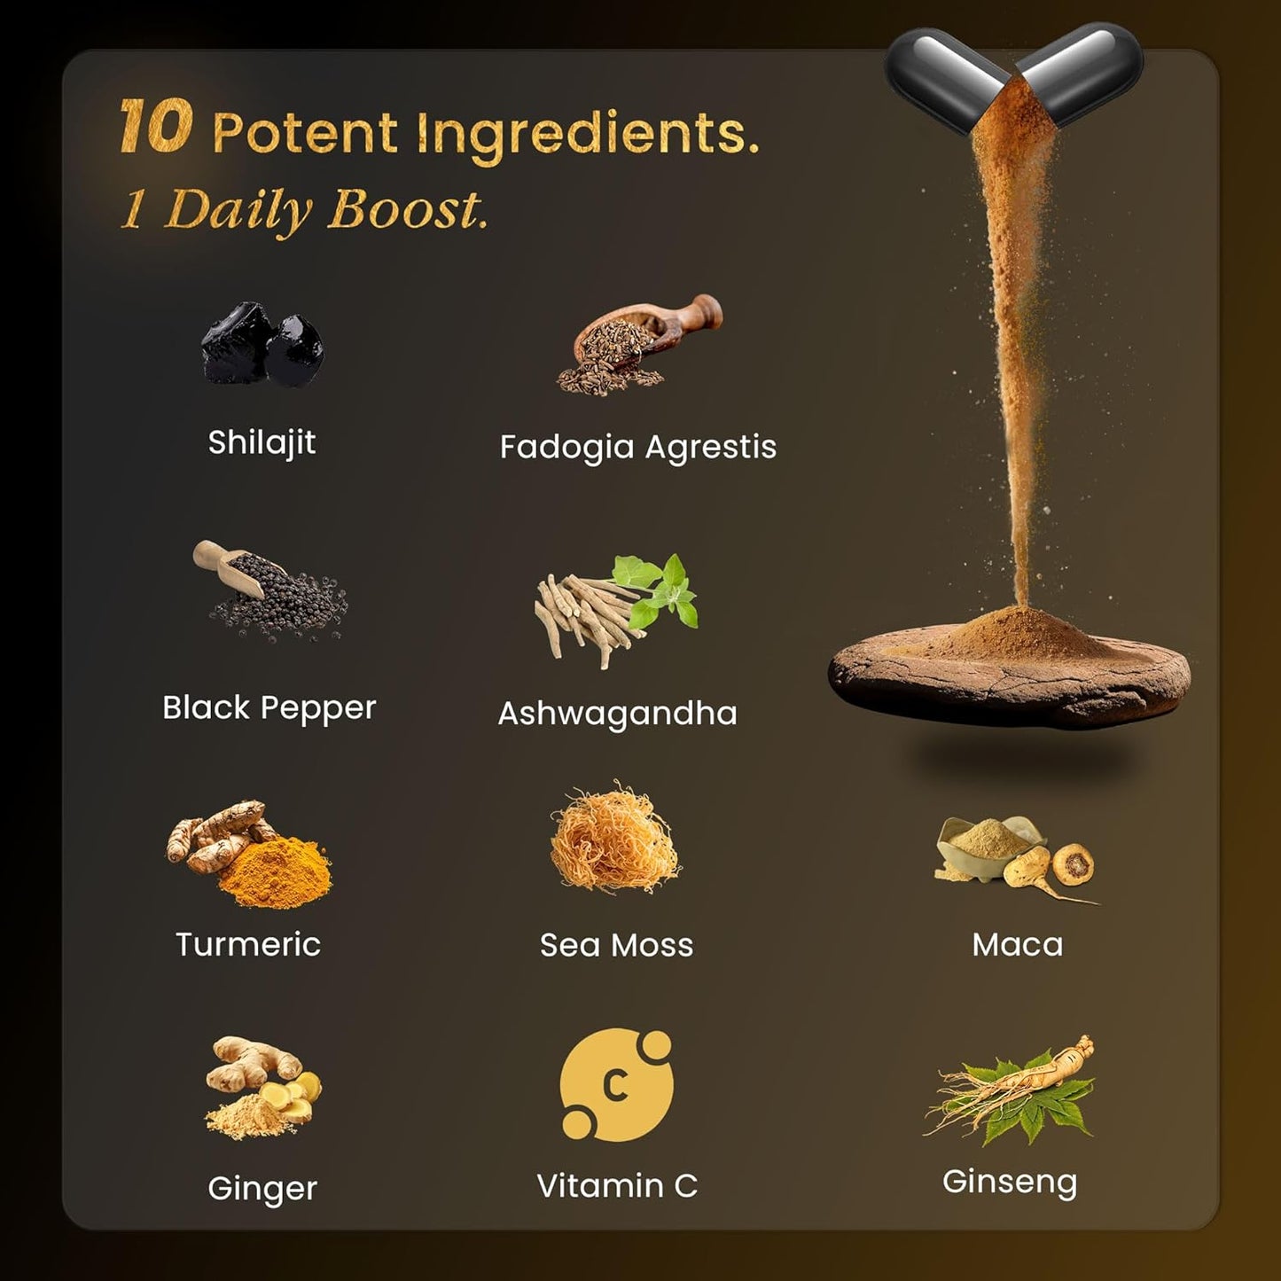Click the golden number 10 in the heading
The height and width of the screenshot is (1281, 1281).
155,127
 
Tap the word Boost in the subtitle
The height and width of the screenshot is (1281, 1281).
407,211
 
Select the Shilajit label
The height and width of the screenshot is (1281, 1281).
262,442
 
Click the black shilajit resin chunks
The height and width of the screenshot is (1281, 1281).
262,345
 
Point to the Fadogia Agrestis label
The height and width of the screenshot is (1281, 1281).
637,447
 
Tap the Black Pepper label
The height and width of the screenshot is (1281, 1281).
269,708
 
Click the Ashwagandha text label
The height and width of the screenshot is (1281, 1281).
617,713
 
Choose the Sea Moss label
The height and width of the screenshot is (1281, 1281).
616,945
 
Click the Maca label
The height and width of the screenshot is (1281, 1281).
1017,945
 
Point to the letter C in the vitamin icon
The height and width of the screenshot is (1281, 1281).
615,1085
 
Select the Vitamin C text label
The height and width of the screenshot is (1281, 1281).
617,1186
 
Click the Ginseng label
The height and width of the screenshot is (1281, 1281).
1009,1182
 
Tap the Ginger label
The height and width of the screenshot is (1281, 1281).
262,1188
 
